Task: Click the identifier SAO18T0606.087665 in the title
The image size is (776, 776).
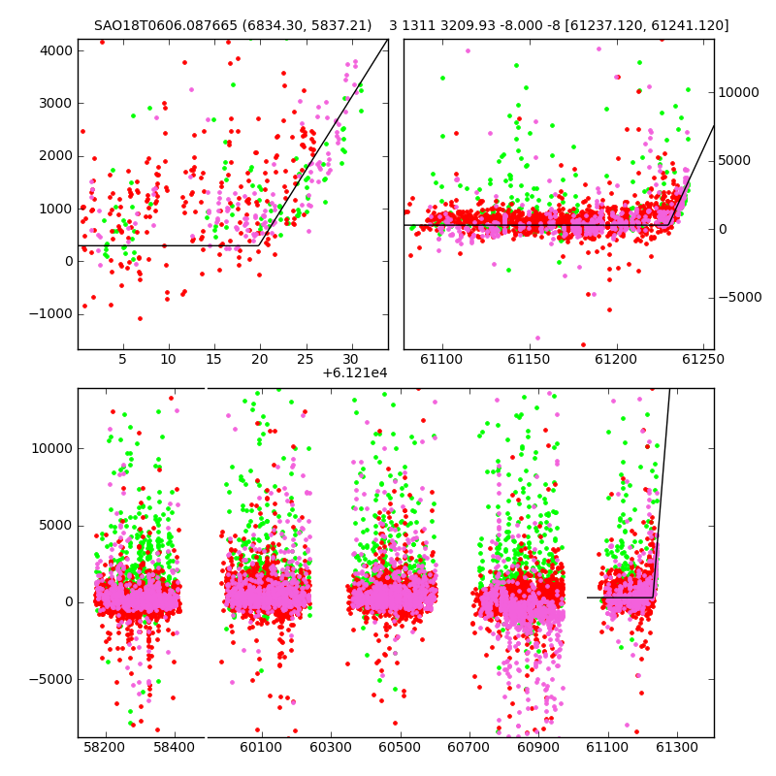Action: pos(166,25)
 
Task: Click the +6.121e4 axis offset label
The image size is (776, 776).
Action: pos(355,373)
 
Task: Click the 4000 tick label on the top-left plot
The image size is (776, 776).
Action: pos(56,51)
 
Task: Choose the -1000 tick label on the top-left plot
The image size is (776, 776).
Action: pos(51,314)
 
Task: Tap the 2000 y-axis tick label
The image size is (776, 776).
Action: pos(56,156)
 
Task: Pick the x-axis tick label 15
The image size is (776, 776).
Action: pos(213,359)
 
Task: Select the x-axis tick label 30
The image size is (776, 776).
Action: pos(350,359)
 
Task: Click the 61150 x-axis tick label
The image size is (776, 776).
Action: pos(529,359)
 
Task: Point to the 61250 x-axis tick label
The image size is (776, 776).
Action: pos(702,359)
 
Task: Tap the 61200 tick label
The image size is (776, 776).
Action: pos(616,359)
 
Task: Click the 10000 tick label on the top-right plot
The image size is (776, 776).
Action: pos(738,92)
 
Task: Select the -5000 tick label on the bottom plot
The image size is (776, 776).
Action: pos(51,680)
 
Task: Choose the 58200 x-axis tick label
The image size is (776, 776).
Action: pos(105,747)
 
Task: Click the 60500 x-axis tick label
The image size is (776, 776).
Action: pos(400,747)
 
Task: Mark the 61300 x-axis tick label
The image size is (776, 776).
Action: pos(676,747)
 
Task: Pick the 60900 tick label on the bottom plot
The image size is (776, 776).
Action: pos(538,747)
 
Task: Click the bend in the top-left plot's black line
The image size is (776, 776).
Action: pos(259,245)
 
